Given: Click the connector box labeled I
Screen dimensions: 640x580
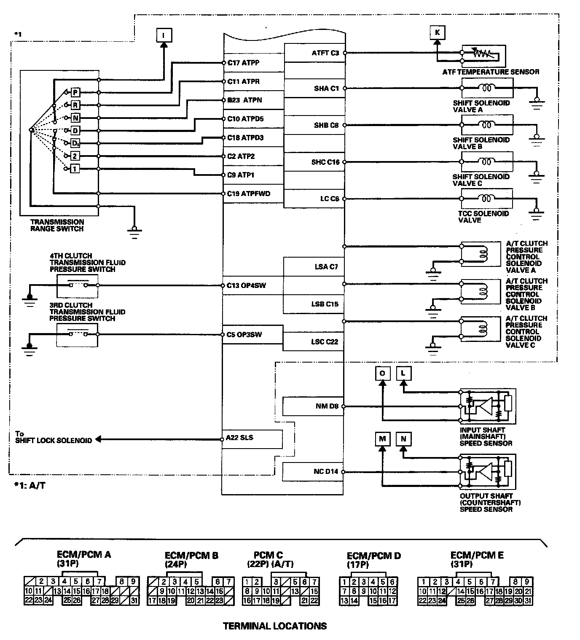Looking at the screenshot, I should pyautogui.click(x=163, y=35).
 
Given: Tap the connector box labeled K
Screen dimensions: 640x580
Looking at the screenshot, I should pyautogui.click(x=438, y=32).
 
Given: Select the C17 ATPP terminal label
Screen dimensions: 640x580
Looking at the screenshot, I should pyautogui.click(x=243, y=63).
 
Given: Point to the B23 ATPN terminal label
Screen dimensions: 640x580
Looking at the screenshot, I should pyautogui.click(x=244, y=100).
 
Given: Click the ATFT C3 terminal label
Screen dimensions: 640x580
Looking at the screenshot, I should pyautogui.click(x=325, y=53).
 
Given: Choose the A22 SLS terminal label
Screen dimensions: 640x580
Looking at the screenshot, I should pyautogui.click(x=239, y=438).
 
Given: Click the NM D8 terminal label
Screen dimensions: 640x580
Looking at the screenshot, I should pyautogui.click(x=327, y=406).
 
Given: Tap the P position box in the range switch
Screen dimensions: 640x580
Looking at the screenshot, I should pyautogui.click(x=75, y=92).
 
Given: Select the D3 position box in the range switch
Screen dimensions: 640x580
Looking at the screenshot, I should pyautogui.click(x=75, y=143).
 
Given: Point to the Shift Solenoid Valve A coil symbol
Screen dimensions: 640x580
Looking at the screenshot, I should pyautogui.click(x=487, y=88).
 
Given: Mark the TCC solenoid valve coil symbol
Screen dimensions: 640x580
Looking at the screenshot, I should pyautogui.click(x=487, y=198).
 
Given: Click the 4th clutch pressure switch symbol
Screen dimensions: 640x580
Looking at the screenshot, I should pyautogui.click(x=78, y=285).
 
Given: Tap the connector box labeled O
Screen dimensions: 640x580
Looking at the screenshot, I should pyautogui.click(x=382, y=373).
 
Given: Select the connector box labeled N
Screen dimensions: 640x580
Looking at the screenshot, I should pyautogui.click(x=403, y=439).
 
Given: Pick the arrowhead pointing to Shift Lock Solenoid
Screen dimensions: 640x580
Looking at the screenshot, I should pyautogui.click(x=99, y=439).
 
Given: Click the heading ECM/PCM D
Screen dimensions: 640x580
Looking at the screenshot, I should pyautogui.click(x=373, y=556).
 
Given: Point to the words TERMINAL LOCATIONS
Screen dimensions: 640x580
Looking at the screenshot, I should pyautogui.click(x=274, y=626).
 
